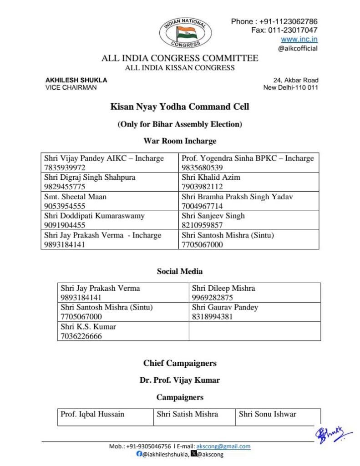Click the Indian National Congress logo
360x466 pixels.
coord(185,32)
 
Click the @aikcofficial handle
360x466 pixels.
coord(298,48)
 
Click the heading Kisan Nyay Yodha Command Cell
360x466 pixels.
coord(180,107)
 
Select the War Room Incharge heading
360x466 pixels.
coord(180,141)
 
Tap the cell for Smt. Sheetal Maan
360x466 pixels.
coord(110,201)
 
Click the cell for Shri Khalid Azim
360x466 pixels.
coord(248,182)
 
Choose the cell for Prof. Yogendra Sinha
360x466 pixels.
coord(248,162)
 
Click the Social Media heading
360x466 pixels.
coord(180,271)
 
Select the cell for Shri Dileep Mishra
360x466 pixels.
coord(254,293)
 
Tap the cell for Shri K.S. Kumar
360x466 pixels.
coord(123,331)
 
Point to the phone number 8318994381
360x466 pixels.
coord(212,317)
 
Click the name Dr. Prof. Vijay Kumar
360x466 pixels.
coord(180,380)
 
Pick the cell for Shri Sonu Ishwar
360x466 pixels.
coord(278,416)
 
